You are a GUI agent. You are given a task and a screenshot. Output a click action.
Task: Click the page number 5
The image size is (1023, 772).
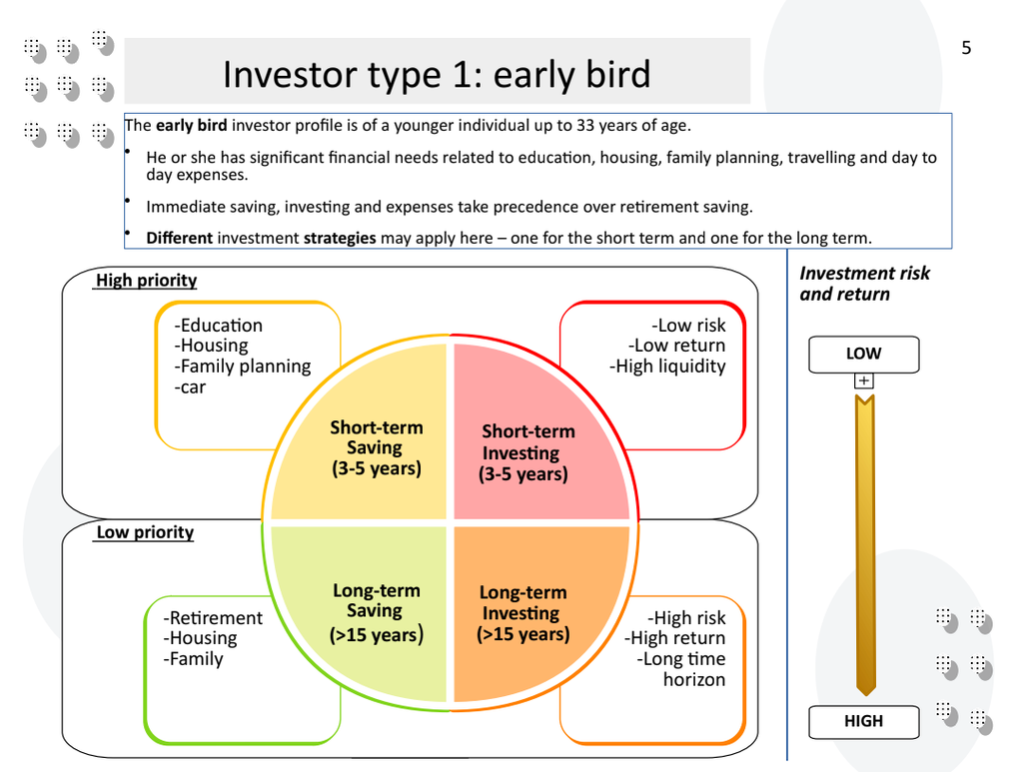click(965, 48)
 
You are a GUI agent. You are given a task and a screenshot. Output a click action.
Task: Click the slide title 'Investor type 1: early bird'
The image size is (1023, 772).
click(437, 74)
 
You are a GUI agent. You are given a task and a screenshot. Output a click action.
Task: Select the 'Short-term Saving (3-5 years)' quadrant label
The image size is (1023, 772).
click(377, 447)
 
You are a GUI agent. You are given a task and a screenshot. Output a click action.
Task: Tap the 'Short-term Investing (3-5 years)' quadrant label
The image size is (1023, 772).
click(527, 452)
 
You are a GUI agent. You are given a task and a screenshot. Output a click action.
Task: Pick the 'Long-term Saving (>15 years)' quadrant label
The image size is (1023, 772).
click(377, 612)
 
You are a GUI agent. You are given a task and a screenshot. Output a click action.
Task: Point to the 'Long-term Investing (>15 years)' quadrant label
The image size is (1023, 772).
click(522, 613)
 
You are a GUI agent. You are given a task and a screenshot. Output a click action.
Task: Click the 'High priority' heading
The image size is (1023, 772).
click(146, 281)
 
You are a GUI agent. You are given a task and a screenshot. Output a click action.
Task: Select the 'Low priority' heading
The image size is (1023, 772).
click(145, 532)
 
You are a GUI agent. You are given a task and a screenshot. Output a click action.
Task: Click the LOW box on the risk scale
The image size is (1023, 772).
click(863, 354)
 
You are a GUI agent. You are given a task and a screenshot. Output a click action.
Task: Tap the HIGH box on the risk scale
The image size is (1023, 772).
click(863, 721)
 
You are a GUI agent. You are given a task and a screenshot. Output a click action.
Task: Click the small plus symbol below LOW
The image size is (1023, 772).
click(863, 381)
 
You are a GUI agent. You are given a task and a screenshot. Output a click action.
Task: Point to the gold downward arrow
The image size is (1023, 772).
click(865, 544)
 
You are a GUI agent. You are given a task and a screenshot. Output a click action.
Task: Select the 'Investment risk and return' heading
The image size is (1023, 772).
click(864, 284)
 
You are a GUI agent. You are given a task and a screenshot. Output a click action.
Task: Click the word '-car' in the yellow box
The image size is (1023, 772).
click(190, 387)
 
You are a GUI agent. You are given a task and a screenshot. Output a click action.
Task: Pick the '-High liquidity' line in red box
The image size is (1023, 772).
click(667, 367)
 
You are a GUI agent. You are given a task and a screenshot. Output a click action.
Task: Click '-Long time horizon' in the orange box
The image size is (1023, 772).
click(682, 669)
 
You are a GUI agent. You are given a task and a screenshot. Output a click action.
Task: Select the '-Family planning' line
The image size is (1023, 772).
click(243, 367)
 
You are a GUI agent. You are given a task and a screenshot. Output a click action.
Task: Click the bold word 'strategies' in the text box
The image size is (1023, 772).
click(340, 238)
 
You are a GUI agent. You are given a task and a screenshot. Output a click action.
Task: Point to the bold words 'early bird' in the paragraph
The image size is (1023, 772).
click(191, 126)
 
